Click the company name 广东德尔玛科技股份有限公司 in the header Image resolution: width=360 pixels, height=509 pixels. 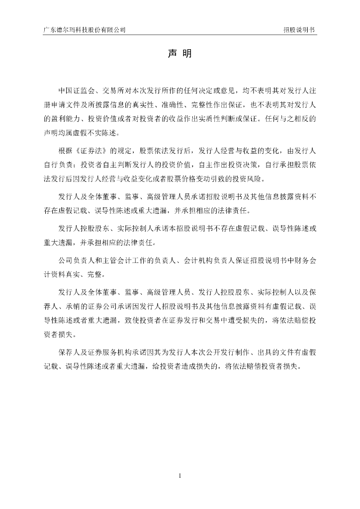(x=84, y=30)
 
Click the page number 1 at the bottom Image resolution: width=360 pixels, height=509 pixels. (x=180, y=476)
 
